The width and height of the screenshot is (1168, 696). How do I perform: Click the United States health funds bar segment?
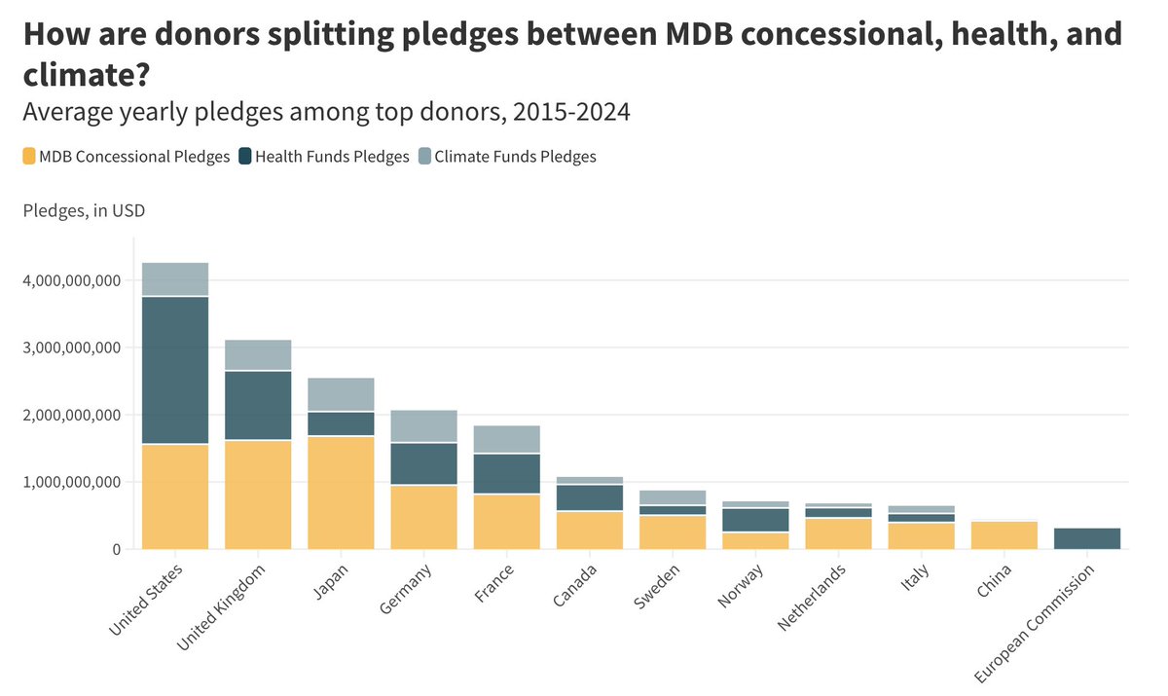175,370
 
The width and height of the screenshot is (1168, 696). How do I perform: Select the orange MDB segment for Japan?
341,493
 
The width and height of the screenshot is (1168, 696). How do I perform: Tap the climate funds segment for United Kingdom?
258,355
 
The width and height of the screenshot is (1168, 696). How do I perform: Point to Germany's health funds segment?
423,463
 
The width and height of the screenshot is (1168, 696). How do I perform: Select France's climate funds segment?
506,439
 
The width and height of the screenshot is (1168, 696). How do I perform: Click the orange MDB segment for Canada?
589,530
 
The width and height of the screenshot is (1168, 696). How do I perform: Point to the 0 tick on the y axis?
115,549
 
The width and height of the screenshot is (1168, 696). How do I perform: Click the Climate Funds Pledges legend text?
515,156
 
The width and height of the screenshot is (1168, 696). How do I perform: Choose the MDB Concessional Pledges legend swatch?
29,156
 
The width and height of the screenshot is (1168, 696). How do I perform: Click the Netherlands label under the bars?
812,596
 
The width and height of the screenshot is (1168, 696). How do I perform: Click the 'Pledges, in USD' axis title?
84,209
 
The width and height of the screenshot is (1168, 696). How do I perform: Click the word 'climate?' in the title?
91,73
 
